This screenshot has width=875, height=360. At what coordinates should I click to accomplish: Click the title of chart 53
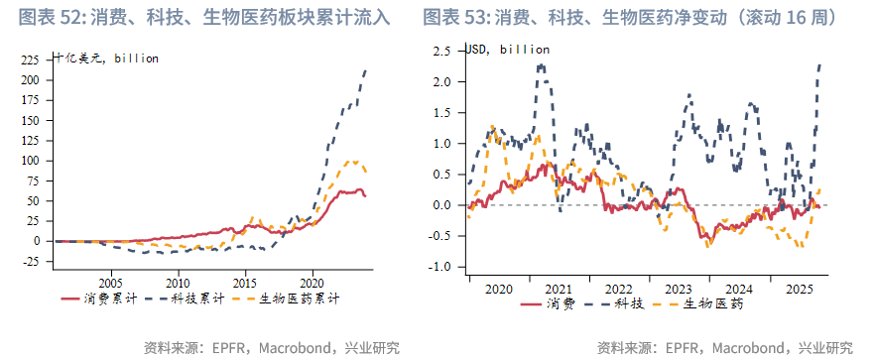[636, 17]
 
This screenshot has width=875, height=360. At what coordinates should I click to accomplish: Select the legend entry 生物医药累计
[299, 298]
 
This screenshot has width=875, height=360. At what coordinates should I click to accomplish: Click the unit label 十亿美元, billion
[107, 59]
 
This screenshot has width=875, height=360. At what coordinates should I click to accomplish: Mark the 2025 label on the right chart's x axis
[799, 288]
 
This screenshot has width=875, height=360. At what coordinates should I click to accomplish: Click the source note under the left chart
[271, 348]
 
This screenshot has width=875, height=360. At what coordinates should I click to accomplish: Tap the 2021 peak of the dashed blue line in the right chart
[541, 65]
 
